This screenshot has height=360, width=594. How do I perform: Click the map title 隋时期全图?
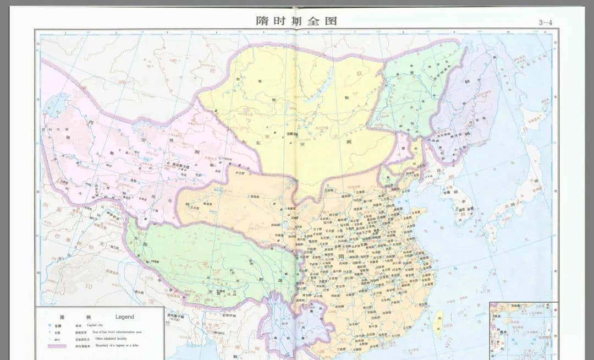coord(296,21)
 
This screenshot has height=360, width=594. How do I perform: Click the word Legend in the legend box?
coord(124,317)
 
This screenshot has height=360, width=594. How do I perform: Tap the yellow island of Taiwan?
coord(439,321)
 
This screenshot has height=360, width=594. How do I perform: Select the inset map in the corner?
coord(523,330)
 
